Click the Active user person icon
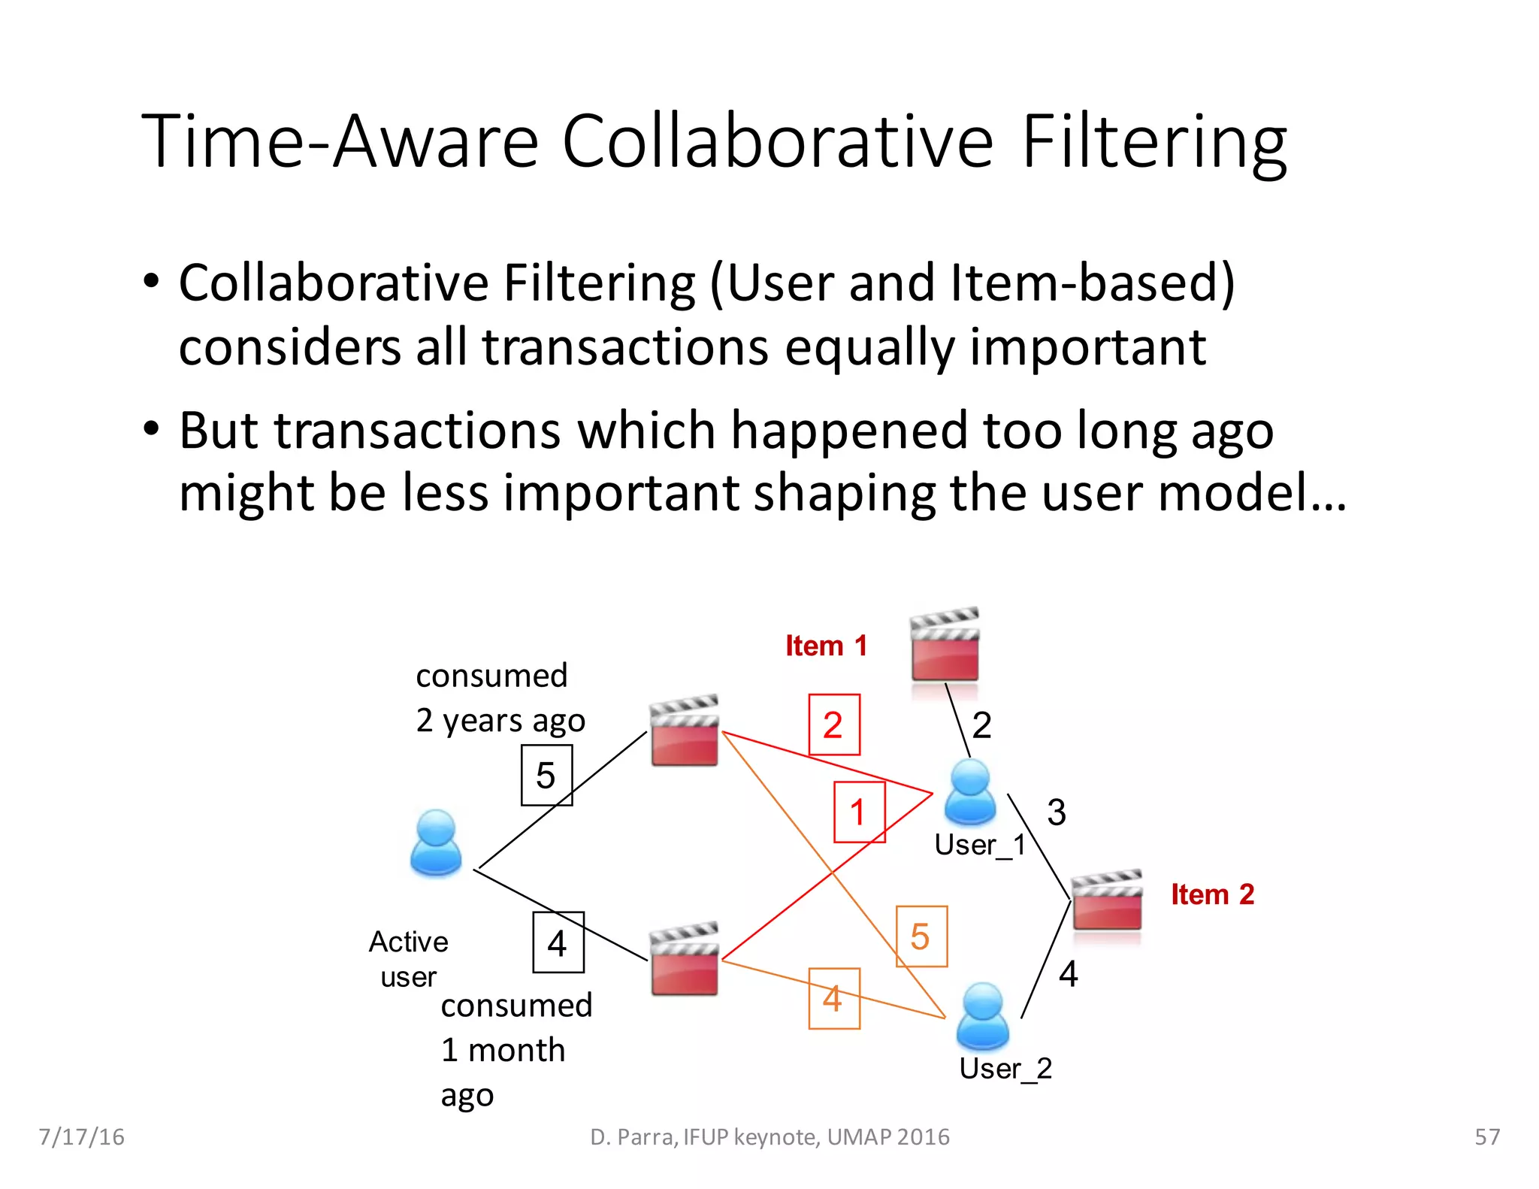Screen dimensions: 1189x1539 click(x=436, y=843)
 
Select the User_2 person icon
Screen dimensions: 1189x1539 click(x=982, y=1015)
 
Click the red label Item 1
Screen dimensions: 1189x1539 click(x=826, y=646)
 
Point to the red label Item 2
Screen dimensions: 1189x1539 click(x=1212, y=894)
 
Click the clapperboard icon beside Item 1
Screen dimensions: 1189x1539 click(x=945, y=644)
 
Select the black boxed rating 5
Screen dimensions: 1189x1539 click(x=546, y=775)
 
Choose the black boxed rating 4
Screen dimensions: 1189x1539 click(x=558, y=942)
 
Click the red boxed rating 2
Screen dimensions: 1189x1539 click(x=833, y=725)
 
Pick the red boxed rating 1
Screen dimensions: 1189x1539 click(x=859, y=812)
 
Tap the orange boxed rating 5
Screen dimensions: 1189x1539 click(x=921, y=936)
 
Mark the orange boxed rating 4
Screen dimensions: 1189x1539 click(x=833, y=998)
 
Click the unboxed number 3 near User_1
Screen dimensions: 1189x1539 click(x=1057, y=812)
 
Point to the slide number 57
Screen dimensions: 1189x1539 click(x=1487, y=1137)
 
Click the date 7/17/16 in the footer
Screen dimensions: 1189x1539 click(x=81, y=1137)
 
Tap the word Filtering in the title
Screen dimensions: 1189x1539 click(x=1154, y=141)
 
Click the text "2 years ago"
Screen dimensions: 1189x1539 click(x=500, y=721)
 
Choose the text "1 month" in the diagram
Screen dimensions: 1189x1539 click(x=503, y=1050)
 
